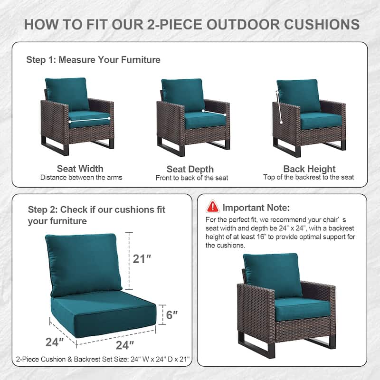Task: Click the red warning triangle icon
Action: [213, 207]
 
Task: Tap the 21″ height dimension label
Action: [142, 259]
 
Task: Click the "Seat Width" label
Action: [80, 169]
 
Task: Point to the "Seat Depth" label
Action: [190, 169]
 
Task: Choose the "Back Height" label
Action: [309, 169]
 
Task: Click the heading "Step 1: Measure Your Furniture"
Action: [93, 60]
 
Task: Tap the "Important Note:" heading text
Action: [256, 208]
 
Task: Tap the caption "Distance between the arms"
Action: [81, 178]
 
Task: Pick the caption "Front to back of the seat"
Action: [192, 178]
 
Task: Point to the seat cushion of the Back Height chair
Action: [321, 121]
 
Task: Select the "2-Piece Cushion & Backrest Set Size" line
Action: [103, 360]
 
